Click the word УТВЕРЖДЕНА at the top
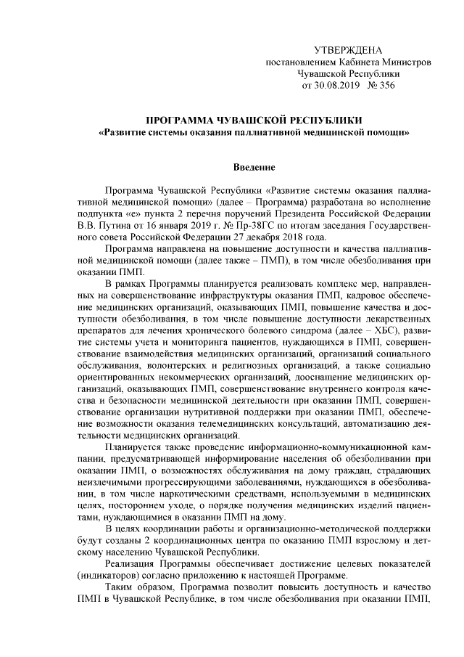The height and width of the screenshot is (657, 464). [x=347, y=50]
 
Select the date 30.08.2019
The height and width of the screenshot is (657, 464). [x=340, y=85]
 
